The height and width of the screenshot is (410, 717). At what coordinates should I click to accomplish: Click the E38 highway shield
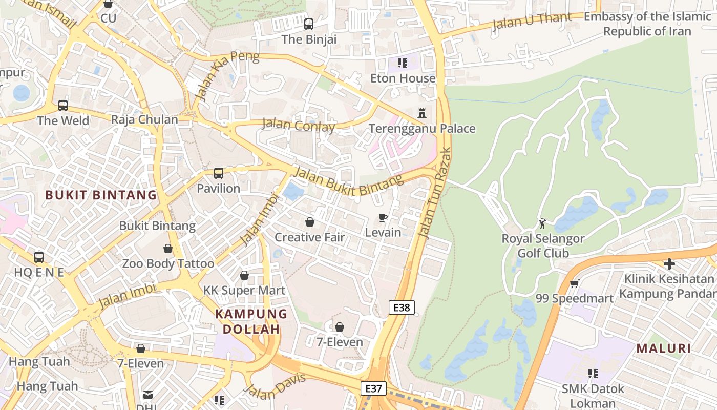click(x=402, y=307)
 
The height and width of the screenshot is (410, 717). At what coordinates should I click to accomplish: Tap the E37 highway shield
click(x=373, y=388)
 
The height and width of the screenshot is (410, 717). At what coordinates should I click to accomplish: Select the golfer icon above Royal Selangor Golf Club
click(x=542, y=223)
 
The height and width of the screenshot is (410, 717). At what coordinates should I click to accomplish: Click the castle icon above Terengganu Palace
click(x=422, y=113)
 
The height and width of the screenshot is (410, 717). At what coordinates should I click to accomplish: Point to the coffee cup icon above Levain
click(x=383, y=218)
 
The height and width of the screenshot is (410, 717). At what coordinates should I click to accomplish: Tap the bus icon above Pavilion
click(x=219, y=173)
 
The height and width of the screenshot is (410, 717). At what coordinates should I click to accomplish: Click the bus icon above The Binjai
click(x=308, y=24)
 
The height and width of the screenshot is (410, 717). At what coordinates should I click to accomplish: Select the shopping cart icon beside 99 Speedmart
click(x=574, y=283)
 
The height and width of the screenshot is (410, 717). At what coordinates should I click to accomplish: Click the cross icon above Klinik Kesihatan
click(x=669, y=264)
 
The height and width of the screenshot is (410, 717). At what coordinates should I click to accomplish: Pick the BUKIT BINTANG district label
click(x=101, y=195)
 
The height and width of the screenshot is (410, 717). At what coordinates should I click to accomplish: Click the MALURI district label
click(x=664, y=348)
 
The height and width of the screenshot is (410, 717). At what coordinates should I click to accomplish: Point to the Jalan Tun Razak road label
click(x=435, y=193)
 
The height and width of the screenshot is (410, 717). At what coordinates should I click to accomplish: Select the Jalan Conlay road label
click(x=299, y=125)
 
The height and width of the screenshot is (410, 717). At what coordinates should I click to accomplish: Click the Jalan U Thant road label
click(x=532, y=22)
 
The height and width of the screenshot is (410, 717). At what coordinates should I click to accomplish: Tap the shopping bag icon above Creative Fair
click(x=309, y=222)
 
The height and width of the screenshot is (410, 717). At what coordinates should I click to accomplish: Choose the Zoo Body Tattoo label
click(x=168, y=263)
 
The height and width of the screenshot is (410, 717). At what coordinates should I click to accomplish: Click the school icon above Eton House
click(x=403, y=63)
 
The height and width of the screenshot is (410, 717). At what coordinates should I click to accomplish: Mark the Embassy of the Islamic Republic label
click(x=647, y=24)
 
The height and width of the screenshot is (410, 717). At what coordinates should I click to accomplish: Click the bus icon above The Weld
click(x=62, y=106)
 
